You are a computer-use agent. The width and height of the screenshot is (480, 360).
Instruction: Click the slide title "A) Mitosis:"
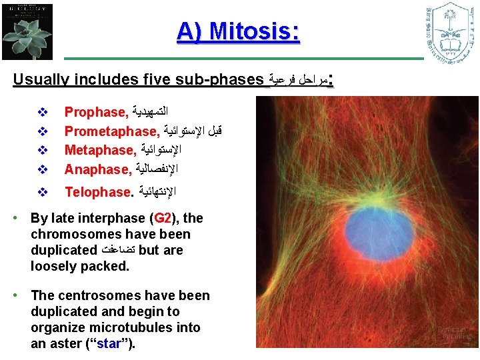[238, 31]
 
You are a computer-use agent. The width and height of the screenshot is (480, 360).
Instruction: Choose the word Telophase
[97, 192]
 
